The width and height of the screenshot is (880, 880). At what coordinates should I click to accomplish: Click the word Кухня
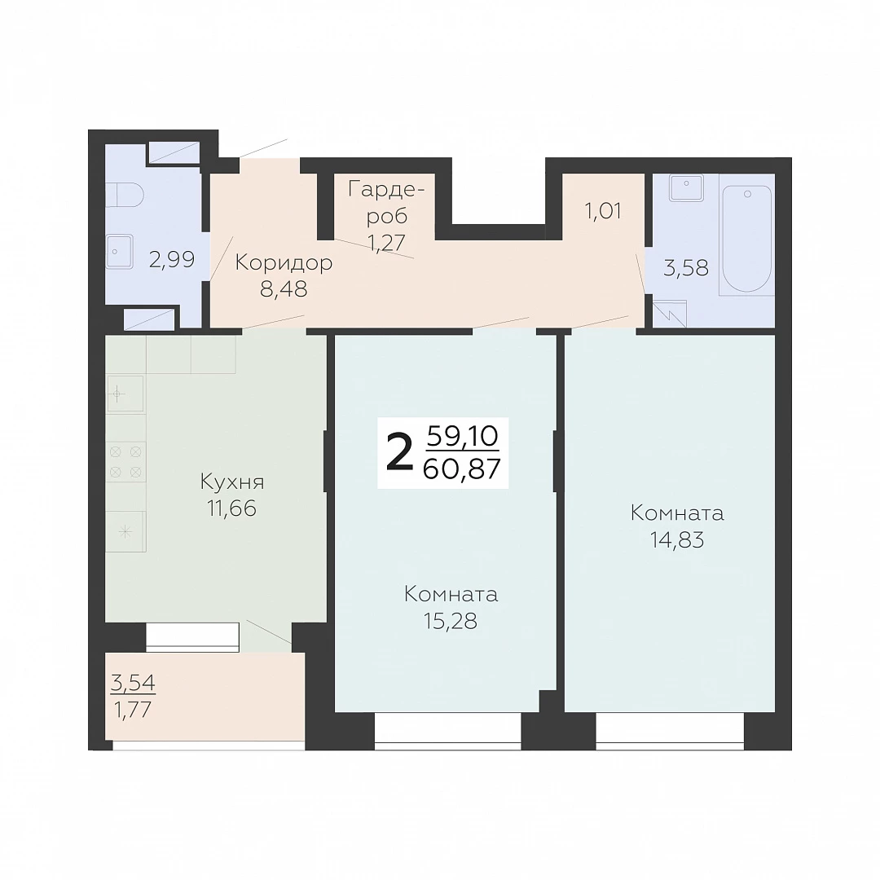click(x=231, y=482)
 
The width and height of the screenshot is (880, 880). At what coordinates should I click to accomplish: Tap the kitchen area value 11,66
click(x=231, y=508)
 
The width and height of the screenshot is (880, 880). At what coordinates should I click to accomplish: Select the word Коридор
click(x=284, y=262)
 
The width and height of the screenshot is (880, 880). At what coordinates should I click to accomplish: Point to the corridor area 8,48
click(x=284, y=288)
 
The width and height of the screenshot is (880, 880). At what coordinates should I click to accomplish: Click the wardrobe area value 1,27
click(x=386, y=243)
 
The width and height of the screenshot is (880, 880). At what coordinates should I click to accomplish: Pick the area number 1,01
click(x=603, y=211)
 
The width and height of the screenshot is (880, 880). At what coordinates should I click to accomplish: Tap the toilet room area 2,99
click(x=172, y=259)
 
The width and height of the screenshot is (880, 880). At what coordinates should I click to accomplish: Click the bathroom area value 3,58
click(x=686, y=268)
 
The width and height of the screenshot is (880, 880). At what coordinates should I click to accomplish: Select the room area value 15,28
click(x=451, y=621)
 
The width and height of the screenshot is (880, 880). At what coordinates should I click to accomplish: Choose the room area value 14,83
click(x=677, y=540)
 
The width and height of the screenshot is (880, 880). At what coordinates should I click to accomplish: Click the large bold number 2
click(x=400, y=454)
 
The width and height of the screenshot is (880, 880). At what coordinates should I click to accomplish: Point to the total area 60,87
click(x=461, y=469)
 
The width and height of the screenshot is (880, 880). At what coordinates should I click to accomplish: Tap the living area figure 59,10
click(x=463, y=436)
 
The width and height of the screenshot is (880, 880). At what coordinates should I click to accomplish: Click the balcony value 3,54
click(x=133, y=683)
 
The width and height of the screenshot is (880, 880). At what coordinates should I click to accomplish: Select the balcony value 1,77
click(x=133, y=710)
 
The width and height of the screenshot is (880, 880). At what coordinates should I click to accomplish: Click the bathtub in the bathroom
click(x=746, y=239)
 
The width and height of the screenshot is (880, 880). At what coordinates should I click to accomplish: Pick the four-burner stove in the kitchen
click(x=125, y=462)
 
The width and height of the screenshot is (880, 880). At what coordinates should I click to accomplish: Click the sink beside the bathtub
click(x=686, y=187)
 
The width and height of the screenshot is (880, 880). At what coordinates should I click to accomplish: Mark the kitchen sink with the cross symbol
click(x=125, y=394)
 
